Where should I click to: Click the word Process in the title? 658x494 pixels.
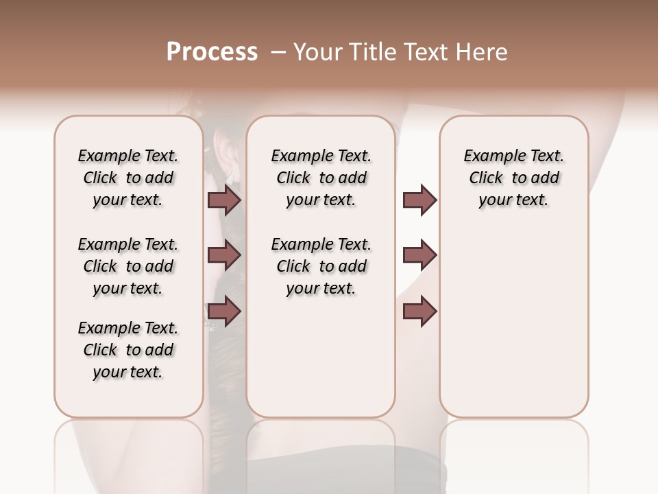coord(212,51)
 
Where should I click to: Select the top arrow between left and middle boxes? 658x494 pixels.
coord(224,200)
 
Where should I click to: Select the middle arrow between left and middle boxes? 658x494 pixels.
coord(224,255)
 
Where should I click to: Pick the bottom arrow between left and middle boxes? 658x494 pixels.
coord(224,311)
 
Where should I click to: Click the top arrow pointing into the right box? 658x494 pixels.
coord(419,200)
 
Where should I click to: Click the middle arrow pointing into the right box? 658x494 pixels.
coord(419,255)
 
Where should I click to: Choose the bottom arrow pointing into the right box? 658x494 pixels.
coord(419,311)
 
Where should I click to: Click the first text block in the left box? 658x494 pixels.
coord(128,178)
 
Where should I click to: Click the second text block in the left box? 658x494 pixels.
coord(128,266)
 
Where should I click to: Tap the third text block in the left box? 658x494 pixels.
coord(128,350)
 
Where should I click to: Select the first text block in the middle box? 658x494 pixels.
coord(321,178)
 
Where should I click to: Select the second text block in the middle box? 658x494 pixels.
coord(321,266)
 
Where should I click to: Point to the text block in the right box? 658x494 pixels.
coord(513,178)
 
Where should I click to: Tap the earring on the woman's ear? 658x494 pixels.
coord(230,177)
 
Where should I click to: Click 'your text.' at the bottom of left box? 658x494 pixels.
coord(128,372)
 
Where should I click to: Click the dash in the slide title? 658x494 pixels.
coord(278,52)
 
